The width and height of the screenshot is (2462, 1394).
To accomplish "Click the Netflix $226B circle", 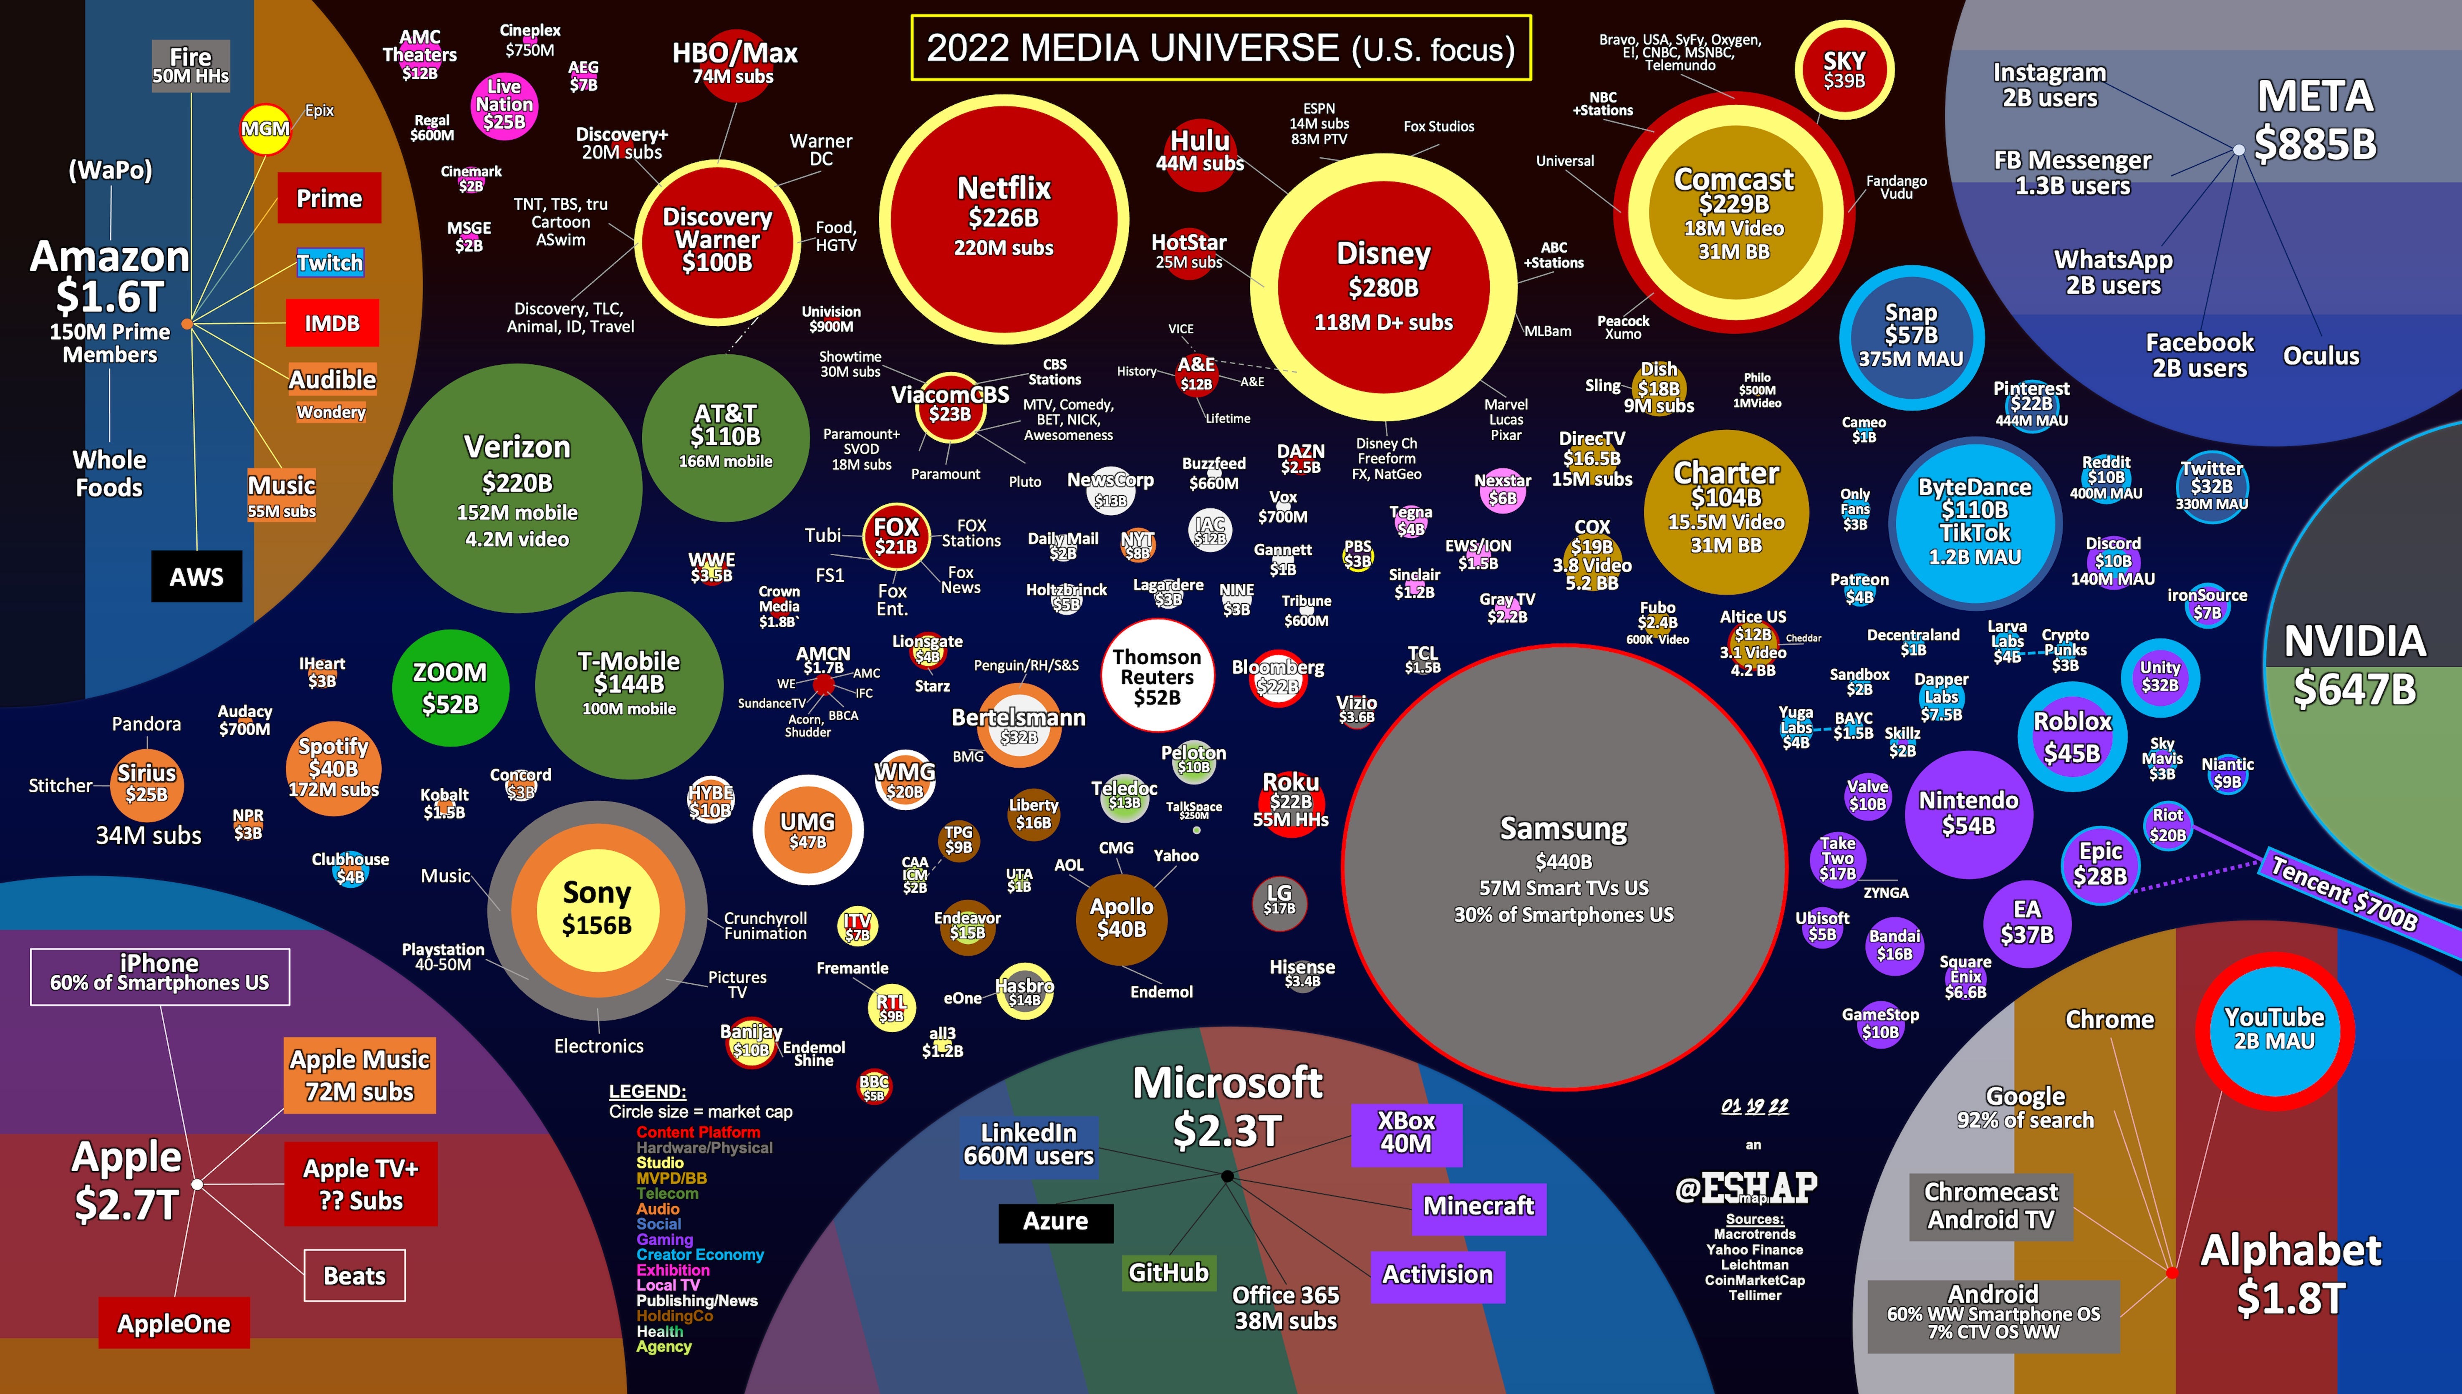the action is [x=1003, y=218].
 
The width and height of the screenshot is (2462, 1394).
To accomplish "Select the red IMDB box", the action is [x=332, y=324].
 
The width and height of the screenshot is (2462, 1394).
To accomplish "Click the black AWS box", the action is [x=196, y=576].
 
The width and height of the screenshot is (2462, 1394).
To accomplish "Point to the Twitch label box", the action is [x=329, y=262].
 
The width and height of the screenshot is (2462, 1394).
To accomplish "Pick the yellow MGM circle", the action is [x=264, y=129].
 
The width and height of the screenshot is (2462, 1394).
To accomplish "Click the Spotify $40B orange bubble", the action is [x=333, y=767].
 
